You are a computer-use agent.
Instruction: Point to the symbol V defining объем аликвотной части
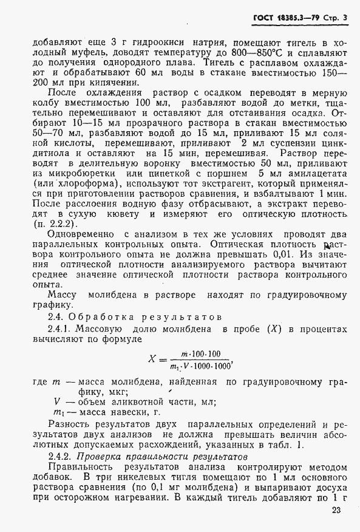(56, 402)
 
